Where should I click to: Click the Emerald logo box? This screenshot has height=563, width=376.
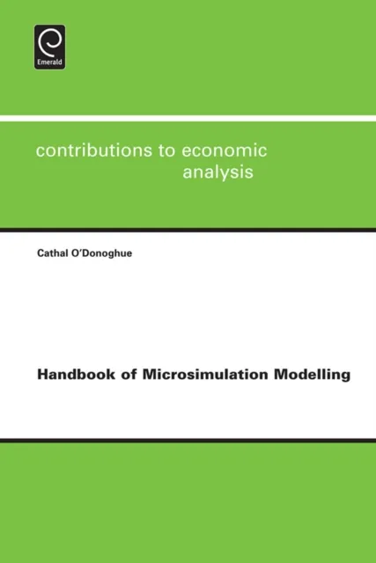(48, 47)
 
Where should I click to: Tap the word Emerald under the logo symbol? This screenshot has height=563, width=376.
(48, 63)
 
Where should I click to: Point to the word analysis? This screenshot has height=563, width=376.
(217, 172)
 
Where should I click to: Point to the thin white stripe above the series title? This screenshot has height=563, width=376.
(188, 117)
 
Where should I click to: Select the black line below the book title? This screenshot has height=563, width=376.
(188, 439)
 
